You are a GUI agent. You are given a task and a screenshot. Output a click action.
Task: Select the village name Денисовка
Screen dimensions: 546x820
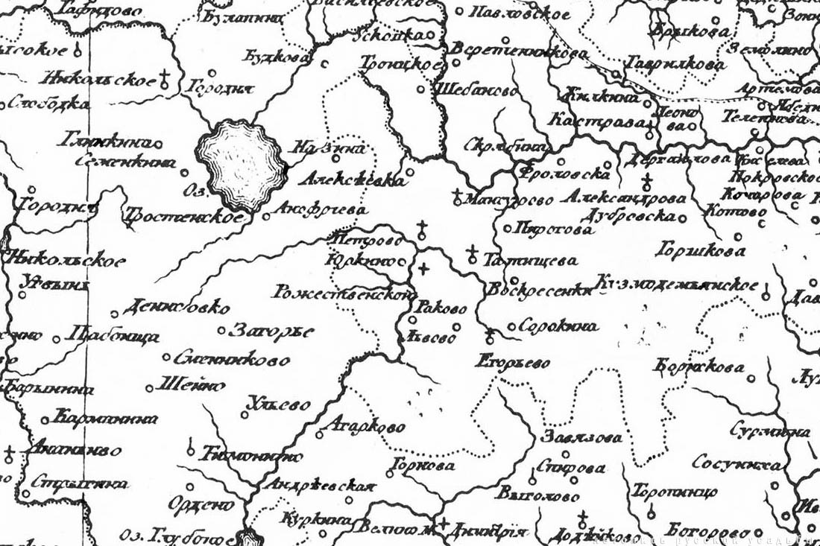click(x=176, y=307)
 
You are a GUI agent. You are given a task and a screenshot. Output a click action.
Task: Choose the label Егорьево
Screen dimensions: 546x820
click(x=513, y=362)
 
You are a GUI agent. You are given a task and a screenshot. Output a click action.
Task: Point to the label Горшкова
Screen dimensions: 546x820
click(x=700, y=250)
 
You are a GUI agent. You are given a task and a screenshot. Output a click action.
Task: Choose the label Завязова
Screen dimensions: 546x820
click(x=583, y=437)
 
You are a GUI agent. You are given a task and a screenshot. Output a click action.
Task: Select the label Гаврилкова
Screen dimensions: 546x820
click(x=675, y=64)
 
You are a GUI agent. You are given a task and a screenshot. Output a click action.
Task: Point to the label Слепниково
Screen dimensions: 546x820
click(x=232, y=359)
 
